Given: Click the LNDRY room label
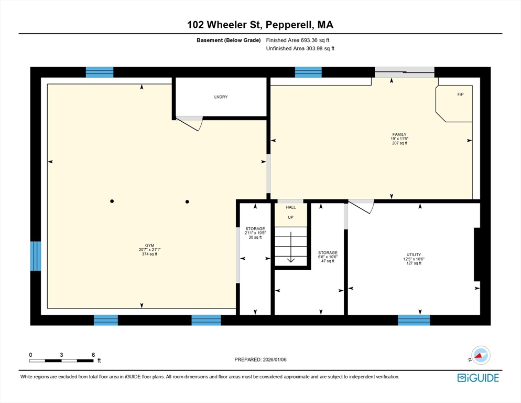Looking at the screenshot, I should click(221, 97).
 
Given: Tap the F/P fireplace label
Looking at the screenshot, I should click(461, 94).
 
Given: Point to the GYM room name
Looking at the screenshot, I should click(142, 245).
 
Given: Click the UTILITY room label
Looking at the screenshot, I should click(414, 254).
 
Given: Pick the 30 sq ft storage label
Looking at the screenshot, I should click(255, 229).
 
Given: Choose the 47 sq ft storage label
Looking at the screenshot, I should click(328, 253).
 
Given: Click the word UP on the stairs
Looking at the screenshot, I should click(290, 217).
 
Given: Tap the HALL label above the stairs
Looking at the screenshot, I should click(290, 207).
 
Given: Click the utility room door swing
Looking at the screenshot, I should click(362, 206).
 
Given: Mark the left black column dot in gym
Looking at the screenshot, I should click(112, 201).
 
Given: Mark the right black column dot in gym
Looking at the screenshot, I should click(187, 201).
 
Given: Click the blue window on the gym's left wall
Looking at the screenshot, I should click(35, 256).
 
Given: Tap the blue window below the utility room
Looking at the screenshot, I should click(414, 320).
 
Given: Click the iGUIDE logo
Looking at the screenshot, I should click(477, 377).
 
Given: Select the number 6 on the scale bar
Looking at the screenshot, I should click(93, 355).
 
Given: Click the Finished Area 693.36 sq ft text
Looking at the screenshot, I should click(297, 40).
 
